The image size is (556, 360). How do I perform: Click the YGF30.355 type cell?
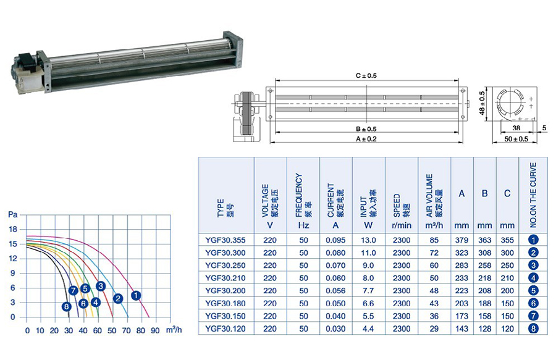coord(225,240)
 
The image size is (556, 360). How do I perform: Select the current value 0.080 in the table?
coord(335,253)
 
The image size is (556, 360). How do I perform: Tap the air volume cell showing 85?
coord(434,240)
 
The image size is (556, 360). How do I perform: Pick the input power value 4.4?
coord(368,329)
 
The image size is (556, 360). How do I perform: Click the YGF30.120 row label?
coord(225,329)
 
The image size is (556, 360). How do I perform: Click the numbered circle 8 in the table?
coord(533,329)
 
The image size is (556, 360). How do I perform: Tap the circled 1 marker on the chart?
coord(136,295)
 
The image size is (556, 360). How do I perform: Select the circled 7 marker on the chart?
coord(74,291)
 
